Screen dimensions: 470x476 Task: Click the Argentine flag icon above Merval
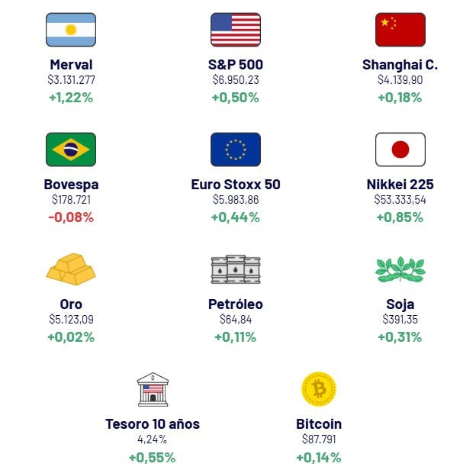coord(71,30)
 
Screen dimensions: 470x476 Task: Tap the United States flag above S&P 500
coord(236,30)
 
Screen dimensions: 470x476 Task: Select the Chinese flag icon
coord(400,30)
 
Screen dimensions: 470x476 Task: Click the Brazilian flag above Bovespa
coord(71,150)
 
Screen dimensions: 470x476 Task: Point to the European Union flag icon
coord(236,150)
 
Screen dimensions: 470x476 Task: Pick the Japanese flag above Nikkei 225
coord(400,150)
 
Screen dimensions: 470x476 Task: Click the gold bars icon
coord(71,269)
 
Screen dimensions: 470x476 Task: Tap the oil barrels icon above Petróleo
coord(236,269)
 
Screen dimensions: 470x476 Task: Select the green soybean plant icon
coord(400,269)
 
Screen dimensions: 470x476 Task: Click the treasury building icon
coord(153,389)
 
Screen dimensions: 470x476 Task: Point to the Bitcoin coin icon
coord(319,389)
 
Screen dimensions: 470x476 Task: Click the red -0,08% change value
coord(71,217)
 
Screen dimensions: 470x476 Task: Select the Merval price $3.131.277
coord(71,80)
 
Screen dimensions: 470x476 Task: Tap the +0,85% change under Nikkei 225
coord(400,217)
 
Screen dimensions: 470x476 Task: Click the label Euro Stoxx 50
coord(236,185)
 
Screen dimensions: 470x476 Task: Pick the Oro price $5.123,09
coord(71,320)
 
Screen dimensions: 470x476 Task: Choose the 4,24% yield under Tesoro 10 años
coord(153,439)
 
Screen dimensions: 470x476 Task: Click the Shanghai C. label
coord(400,65)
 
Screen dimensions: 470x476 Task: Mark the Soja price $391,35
coord(400,320)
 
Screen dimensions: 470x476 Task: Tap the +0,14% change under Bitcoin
coord(319,458)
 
